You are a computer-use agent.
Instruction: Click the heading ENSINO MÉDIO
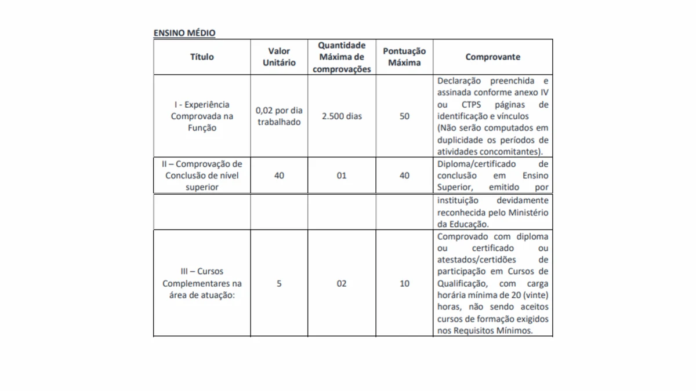click(184, 33)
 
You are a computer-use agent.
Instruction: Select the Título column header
click(202, 57)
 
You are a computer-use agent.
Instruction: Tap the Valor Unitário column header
click(279, 57)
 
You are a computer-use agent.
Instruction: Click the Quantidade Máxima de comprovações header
click(342, 57)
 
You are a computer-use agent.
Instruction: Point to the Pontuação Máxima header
click(404, 57)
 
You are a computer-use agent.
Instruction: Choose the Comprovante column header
click(493, 57)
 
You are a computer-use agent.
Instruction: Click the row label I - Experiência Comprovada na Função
click(202, 116)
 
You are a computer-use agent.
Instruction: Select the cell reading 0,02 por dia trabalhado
click(279, 116)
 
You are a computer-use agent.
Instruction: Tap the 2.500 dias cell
click(342, 116)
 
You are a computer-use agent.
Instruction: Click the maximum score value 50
click(404, 116)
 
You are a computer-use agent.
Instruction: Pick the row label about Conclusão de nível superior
click(202, 176)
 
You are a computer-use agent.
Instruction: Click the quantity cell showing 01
click(342, 176)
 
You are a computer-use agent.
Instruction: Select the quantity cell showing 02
click(342, 284)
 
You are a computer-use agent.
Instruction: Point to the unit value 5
click(279, 284)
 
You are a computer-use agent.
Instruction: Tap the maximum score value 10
click(404, 284)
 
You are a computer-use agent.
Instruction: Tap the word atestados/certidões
click(477, 260)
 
